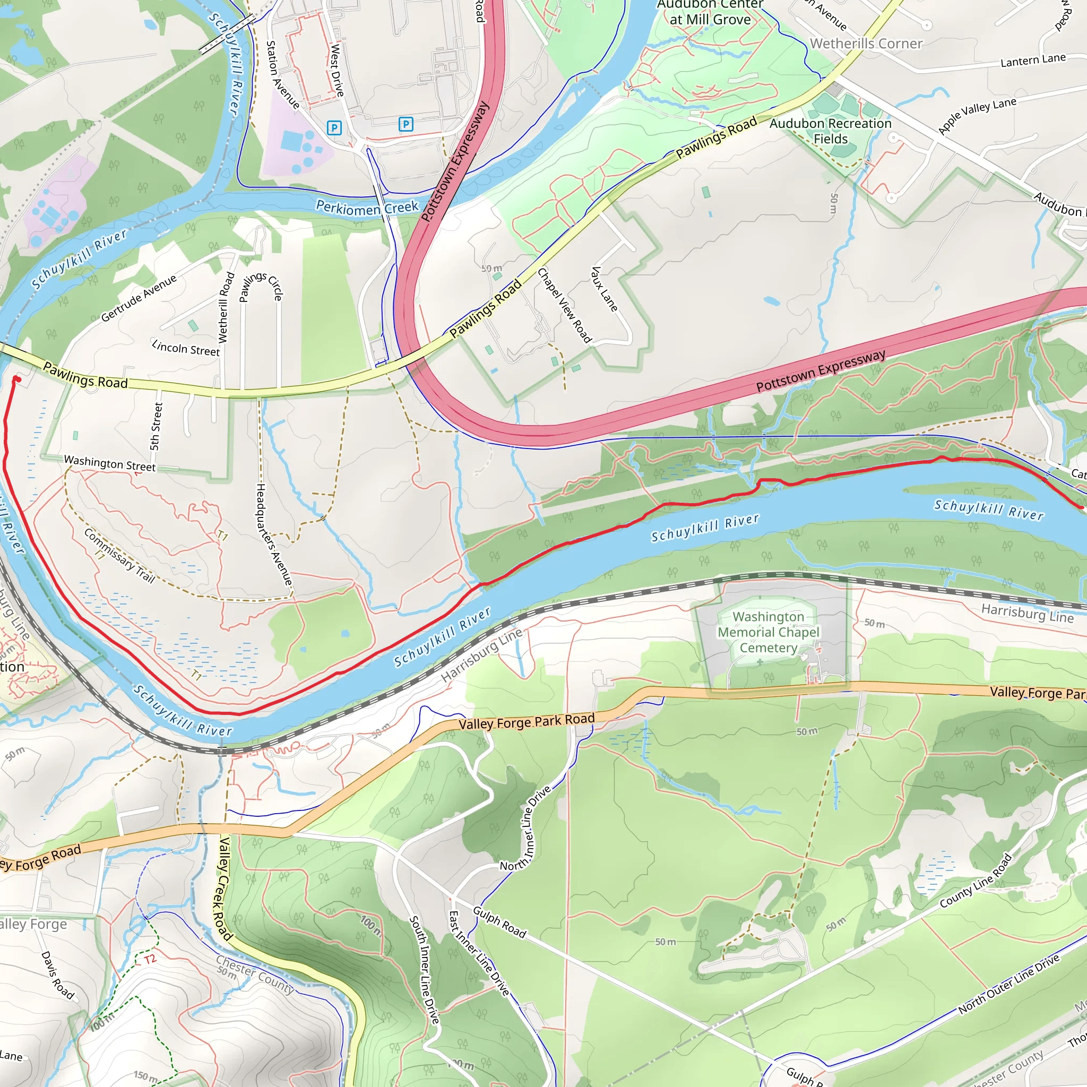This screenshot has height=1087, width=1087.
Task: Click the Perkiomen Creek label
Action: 367,208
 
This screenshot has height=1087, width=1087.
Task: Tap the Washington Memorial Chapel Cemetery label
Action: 768,632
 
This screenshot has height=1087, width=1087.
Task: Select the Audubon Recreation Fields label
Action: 830,131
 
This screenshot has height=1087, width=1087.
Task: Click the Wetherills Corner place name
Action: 866,44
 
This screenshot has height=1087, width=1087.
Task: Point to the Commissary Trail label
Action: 119,555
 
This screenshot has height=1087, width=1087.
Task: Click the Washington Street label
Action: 109,463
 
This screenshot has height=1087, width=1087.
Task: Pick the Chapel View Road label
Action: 564,306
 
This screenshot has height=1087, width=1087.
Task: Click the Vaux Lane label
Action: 604,289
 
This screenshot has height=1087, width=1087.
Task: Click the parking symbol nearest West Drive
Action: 334,128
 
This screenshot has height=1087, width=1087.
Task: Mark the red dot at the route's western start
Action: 16,380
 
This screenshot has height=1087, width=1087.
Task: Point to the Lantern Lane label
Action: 1032,59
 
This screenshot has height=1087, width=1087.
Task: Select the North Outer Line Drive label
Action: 1009,984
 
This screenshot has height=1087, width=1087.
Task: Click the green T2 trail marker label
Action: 150,959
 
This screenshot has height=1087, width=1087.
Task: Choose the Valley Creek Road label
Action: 223,889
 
